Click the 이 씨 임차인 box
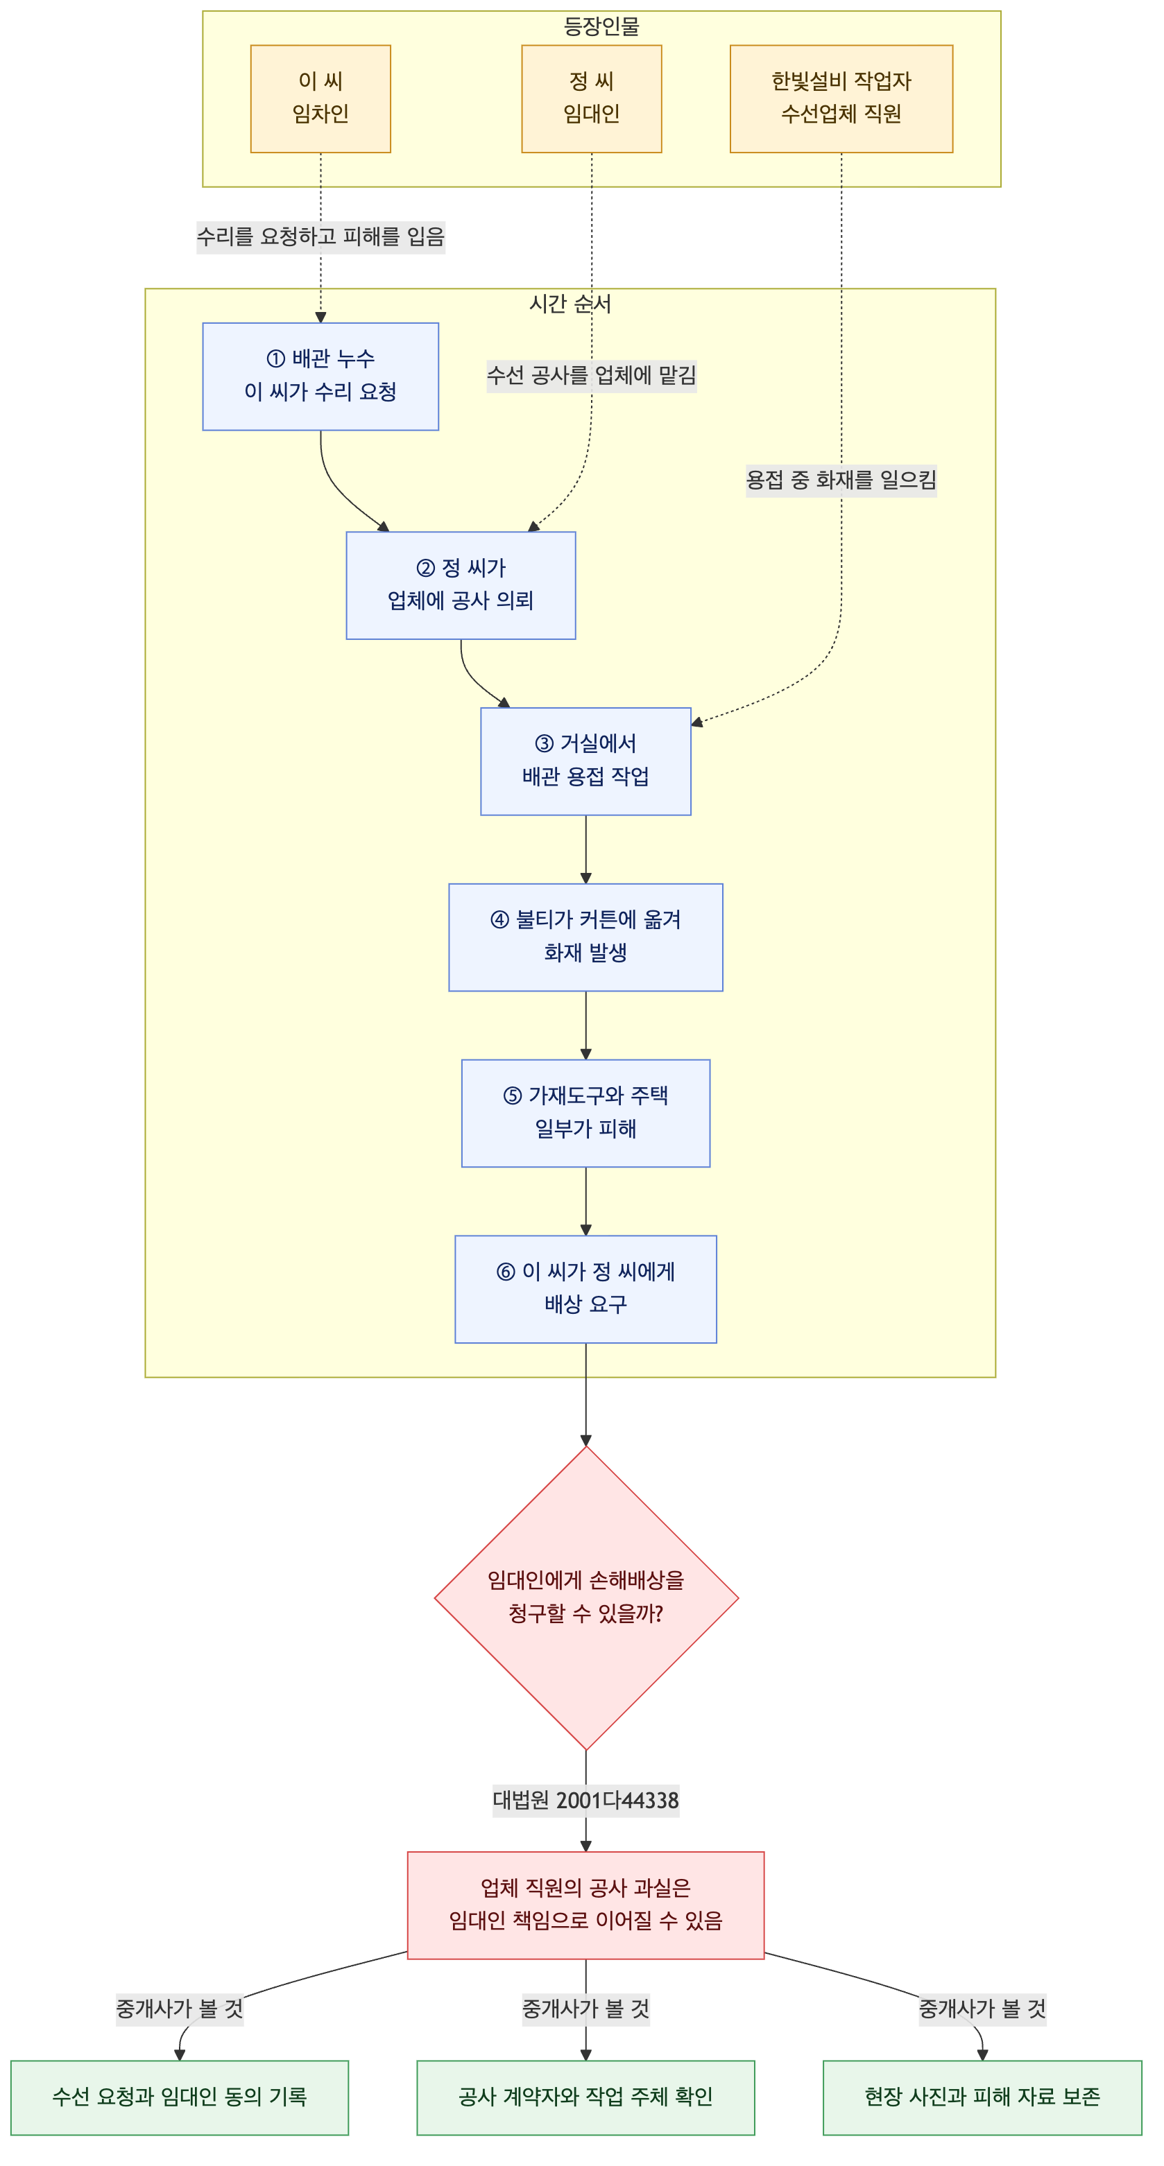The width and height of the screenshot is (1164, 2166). point(320,98)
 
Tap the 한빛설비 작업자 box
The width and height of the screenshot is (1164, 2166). point(841,98)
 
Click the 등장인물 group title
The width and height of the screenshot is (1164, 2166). point(601,26)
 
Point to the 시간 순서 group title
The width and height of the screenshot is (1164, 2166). point(570,304)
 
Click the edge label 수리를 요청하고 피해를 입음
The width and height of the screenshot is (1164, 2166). point(320,236)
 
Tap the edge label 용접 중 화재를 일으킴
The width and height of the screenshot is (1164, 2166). point(841,480)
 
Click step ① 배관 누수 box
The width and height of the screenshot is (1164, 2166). point(320,376)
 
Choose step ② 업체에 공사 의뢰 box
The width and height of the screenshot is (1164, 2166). point(461,585)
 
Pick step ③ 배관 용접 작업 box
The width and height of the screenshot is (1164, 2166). point(585,761)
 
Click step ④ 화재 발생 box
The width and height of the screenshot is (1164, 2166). point(585,937)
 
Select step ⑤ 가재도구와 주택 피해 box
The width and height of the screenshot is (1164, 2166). point(585,1112)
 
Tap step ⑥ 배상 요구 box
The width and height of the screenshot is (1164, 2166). point(585,1288)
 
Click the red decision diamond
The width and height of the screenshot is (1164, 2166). point(586,1597)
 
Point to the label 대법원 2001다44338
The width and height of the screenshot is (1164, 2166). point(586,1800)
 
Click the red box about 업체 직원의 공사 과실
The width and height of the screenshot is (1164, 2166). point(586,1905)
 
